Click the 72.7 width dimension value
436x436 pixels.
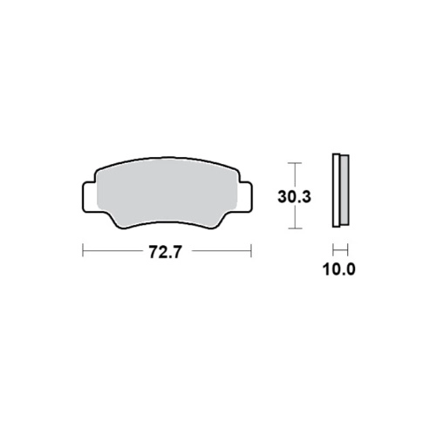coord(165,252)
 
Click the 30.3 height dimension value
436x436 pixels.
coord(294,197)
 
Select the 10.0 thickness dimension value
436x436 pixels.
coord(339,269)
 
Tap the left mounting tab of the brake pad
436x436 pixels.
coord(88,197)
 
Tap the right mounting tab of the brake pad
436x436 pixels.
coord(245,197)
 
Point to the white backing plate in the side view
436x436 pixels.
coord(336,190)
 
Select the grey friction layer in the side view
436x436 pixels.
coord(344,190)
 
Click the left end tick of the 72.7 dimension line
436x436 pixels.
coord(83,250)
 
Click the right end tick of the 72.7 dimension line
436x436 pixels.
coord(251,250)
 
